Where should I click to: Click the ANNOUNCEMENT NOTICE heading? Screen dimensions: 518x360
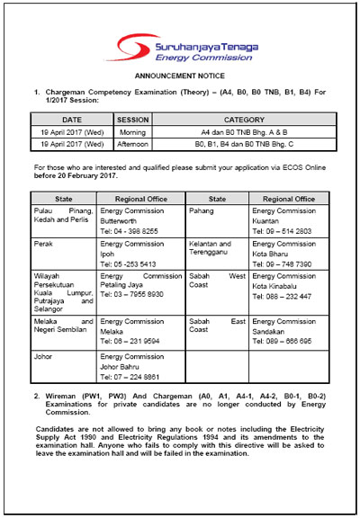pos(180,77)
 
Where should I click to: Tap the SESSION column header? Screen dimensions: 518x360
pos(133,119)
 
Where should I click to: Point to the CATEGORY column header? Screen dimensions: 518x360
pos(244,119)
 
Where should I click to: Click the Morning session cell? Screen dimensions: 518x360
pos(133,130)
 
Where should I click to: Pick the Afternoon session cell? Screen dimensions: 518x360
pos(133,142)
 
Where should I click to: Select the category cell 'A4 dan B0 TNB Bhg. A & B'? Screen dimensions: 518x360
pos(244,130)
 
